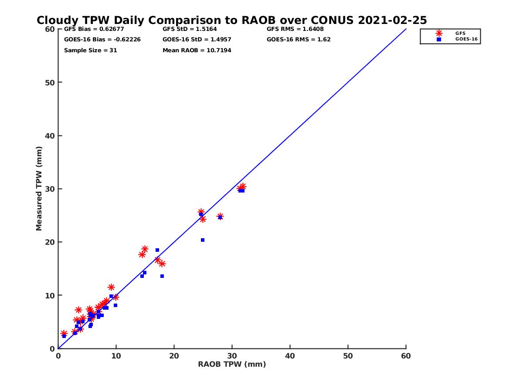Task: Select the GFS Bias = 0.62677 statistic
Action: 97,29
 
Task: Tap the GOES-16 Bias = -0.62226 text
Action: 102,39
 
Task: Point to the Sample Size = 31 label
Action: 90,50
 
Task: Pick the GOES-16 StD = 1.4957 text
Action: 197,39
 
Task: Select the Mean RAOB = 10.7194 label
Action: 197,50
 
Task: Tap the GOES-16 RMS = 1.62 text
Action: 299,39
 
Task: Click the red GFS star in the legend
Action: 439,33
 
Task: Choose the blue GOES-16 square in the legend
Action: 439,39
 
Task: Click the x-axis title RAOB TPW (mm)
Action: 232,365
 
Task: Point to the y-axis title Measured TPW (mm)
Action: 39,189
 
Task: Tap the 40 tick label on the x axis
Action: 290,356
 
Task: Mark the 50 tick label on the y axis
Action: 50,82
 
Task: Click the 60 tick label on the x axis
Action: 406,356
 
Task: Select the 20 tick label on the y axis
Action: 50,242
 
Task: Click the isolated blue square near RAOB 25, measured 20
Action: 203,240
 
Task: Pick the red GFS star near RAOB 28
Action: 220,216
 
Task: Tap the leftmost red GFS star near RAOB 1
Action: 64,333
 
